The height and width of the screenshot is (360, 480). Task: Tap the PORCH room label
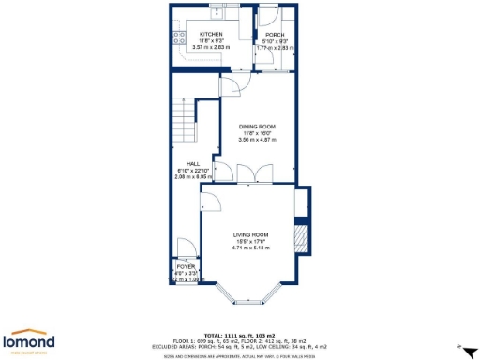tap(275, 34)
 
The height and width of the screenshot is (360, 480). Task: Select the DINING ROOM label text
tap(256, 125)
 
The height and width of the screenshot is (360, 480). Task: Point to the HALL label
tap(192, 163)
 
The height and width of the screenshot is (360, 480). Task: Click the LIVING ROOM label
tap(251, 234)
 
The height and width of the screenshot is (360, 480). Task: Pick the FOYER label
tap(184, 266)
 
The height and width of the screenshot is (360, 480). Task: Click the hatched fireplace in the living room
tap(301, 232)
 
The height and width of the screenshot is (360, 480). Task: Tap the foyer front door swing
tap(186, 247)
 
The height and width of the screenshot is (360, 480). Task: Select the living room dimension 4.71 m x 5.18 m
tap(251, 248)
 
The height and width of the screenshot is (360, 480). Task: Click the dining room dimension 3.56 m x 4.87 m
tap(256, 139)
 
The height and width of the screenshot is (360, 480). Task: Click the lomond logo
tap(31, 340)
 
